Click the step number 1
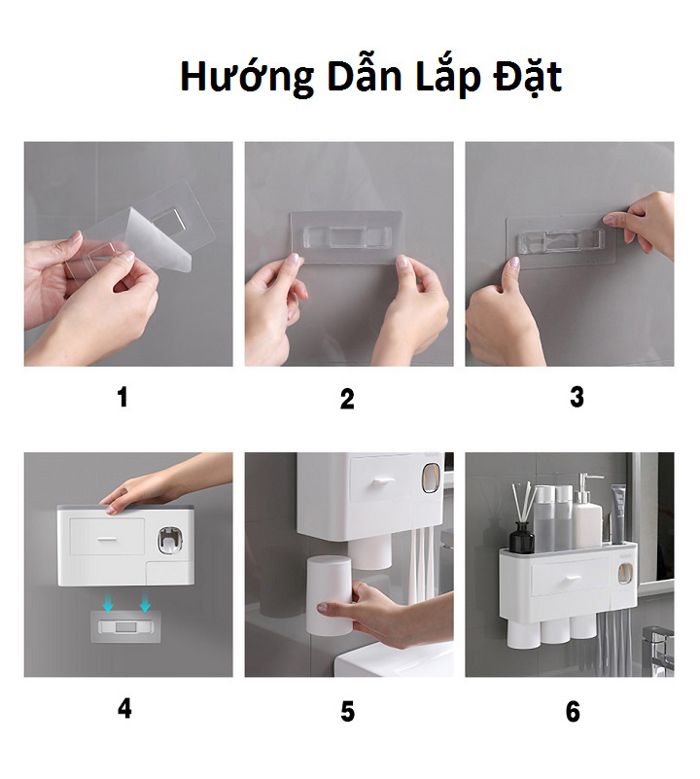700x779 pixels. [122, 398]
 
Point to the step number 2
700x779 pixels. [347, 399]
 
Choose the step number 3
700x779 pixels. [577, 398]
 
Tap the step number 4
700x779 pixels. [124, 709]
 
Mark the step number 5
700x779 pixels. [347, 712]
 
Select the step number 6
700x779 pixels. [573, 712]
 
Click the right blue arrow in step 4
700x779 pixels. [145, 603]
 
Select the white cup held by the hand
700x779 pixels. [330, 594]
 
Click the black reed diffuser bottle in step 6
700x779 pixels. [522, 536]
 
